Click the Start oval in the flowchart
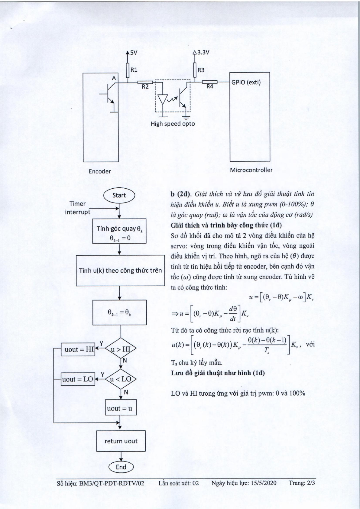119,195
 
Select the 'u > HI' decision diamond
121,348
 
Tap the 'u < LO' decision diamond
121,379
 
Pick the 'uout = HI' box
78,349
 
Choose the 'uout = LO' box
78,379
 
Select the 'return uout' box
121,441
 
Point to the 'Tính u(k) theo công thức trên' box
120,271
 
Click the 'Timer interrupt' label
77,208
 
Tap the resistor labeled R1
128,70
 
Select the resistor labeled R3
195,70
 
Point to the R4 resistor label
210,86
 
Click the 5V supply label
134,53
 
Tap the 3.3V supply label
203,53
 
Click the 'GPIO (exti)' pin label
246,82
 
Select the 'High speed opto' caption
173,124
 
